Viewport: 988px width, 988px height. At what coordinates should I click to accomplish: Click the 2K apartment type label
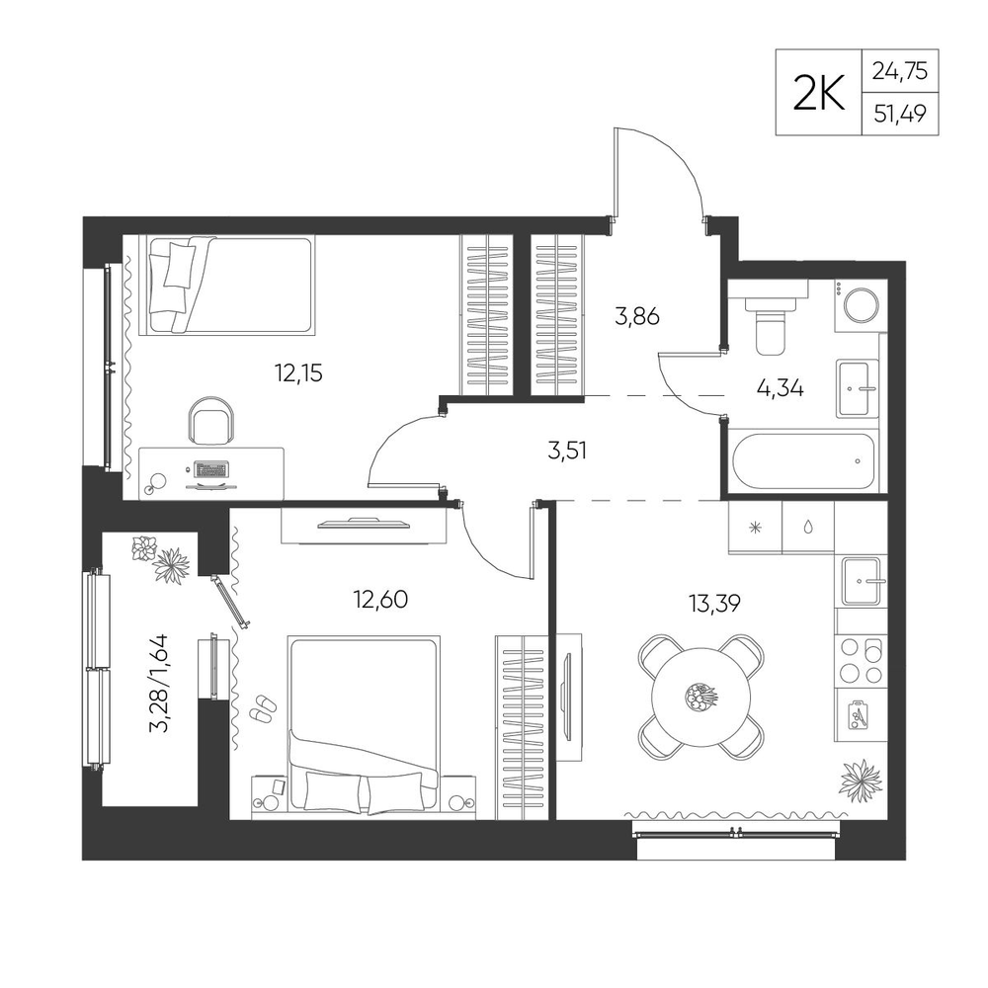pos(818,94)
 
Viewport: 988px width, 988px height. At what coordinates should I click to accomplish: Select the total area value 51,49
pos(900,114)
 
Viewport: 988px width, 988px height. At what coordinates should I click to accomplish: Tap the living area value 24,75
pos(900,70)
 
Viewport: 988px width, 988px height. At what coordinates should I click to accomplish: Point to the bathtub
pos(804,461)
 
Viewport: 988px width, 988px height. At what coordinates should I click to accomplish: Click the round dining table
pos(701,697)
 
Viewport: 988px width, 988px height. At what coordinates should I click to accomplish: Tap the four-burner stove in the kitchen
pos(861,660)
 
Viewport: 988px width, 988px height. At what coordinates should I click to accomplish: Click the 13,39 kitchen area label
pos(714,604)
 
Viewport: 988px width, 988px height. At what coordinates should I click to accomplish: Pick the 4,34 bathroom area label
pos(780,388)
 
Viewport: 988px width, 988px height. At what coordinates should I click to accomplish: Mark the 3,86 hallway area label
pos(637,316)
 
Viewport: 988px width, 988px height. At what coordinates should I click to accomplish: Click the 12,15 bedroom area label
pos(298,373)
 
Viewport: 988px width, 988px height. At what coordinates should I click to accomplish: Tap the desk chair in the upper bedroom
pos(212,421)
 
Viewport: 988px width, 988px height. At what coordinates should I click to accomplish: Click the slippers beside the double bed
pos(263,708)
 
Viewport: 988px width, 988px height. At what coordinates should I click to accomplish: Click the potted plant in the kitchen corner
pos(861,780)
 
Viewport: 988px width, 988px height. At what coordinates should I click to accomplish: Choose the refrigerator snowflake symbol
pos(756,528)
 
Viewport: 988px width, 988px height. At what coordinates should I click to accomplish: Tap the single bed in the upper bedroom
pos(230,285)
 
